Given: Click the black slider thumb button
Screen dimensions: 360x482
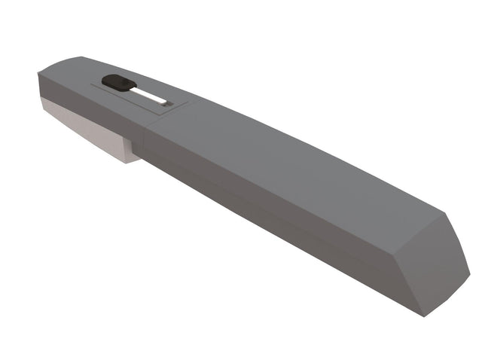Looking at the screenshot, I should coord(117,82).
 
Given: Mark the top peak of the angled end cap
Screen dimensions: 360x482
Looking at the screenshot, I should coord(446,214).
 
